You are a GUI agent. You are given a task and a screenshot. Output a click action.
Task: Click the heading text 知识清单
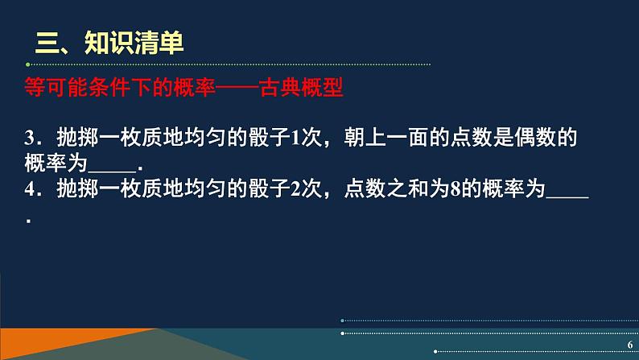134,43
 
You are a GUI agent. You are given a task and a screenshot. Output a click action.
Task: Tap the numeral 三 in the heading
47,43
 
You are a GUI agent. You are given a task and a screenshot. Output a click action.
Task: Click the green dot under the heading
27,64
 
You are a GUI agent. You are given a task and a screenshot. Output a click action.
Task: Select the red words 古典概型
301,87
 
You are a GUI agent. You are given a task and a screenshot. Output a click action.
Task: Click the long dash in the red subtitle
237,87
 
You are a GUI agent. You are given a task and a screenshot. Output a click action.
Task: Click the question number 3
30,138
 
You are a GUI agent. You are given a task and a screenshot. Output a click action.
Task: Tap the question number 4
30,189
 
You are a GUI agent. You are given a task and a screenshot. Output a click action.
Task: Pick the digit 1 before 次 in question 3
295,138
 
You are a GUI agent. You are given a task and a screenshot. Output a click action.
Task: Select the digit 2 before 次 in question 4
295,189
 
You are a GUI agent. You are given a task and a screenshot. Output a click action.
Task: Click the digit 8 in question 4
456,189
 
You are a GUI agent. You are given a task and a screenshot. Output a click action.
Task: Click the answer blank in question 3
112,172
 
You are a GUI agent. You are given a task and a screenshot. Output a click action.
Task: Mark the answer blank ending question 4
567,198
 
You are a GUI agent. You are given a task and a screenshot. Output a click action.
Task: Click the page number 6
630,345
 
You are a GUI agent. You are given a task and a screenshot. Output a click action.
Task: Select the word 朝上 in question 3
365,138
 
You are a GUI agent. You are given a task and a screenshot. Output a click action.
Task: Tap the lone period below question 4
28,221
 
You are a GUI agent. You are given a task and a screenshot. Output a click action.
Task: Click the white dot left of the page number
435,351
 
